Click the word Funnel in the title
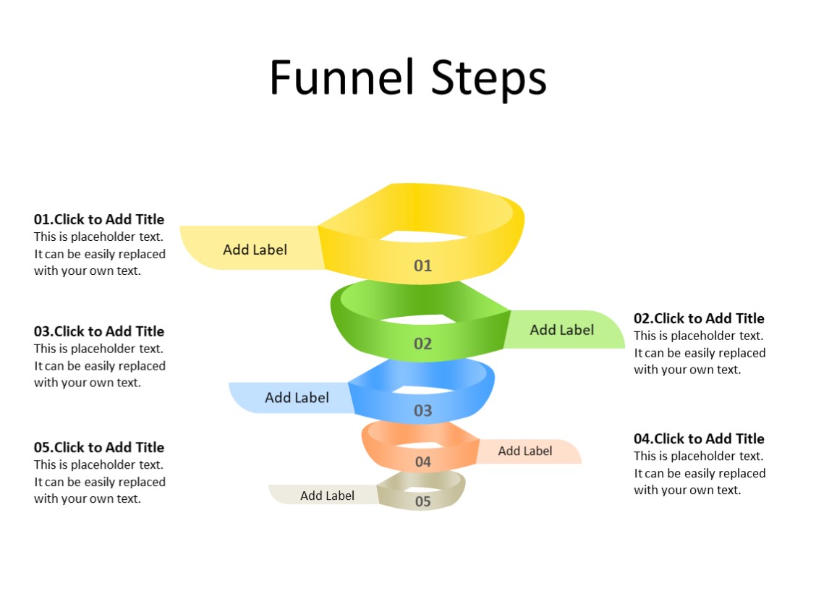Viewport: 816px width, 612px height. click(x=343, y=77)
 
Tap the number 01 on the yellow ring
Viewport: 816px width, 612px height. click(x=422, y=265)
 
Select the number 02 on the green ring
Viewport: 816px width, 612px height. click(x=422, y=344)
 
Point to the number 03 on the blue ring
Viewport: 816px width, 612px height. click(x=422, y=411)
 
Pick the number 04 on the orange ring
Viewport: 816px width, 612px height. click(x=423, y=462)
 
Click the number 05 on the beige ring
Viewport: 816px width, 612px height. click(x=423, y=501)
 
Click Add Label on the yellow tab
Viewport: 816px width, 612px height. click(x=255, y=250)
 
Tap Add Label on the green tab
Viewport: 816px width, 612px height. click(x=561, y=330)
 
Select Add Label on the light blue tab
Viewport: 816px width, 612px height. click(x=297, y=398)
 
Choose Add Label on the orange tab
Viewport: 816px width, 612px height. click(x=524, y=451)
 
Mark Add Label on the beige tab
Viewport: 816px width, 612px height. click(x=327, y=496)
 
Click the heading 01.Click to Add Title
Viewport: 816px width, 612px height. click(x=99, y=219)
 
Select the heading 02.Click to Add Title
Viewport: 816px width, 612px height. click(x=699, y=318)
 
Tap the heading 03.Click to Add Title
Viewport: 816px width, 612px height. click(x=99, y=331)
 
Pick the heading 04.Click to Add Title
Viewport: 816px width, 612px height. click(x=699, y=438)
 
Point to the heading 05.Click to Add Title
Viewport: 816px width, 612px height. click(x=99, y=447)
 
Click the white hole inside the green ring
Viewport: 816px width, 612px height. click(x=423, y=318)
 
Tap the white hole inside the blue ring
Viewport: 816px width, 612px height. click(x=423, y=391)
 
